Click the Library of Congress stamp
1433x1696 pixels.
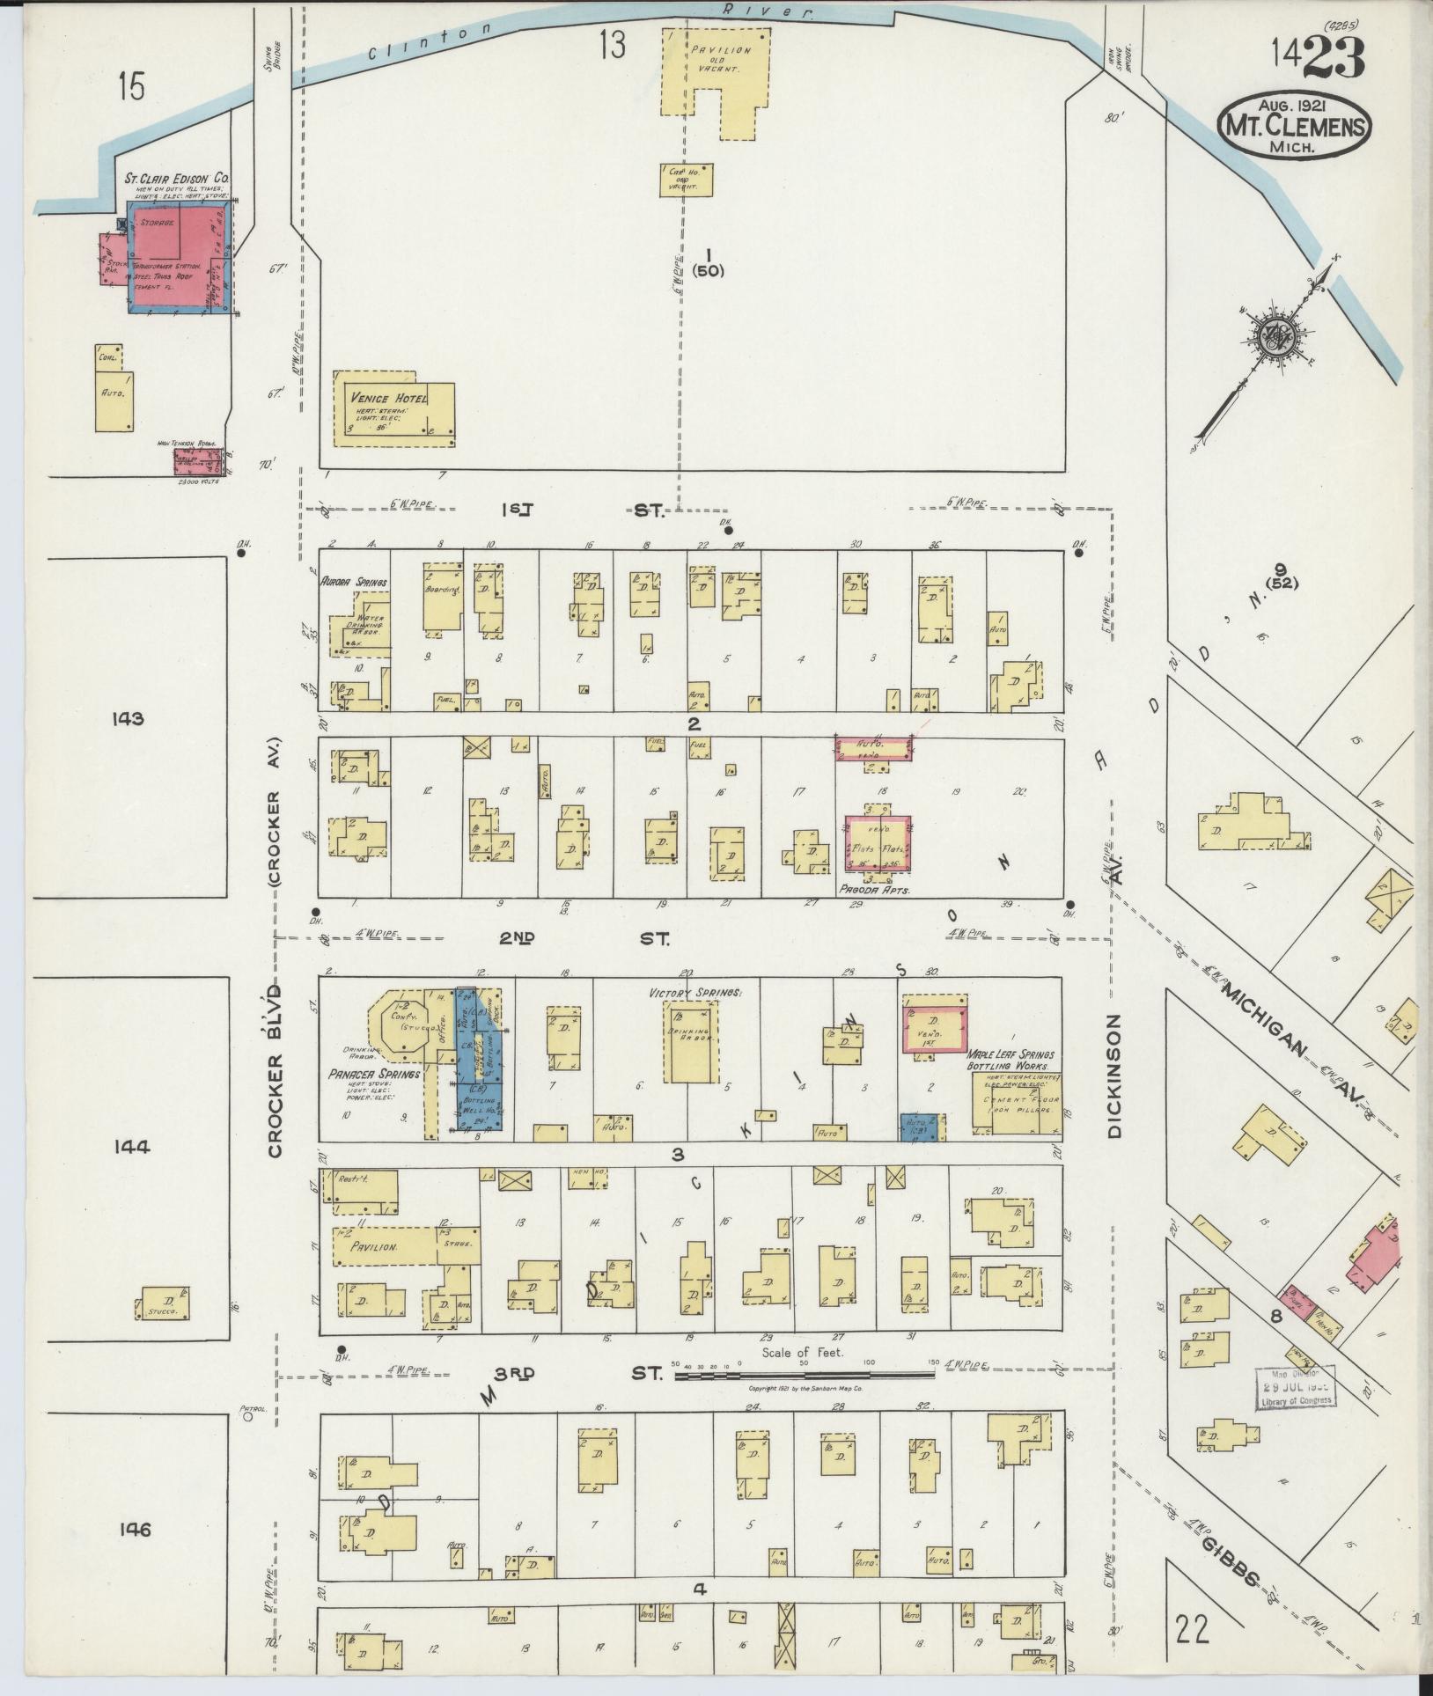(1294, 1388)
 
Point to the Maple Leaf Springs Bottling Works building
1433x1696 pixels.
(1016, 1100)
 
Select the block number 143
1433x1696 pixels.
(128, 719)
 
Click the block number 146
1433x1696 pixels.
(132, 1531)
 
